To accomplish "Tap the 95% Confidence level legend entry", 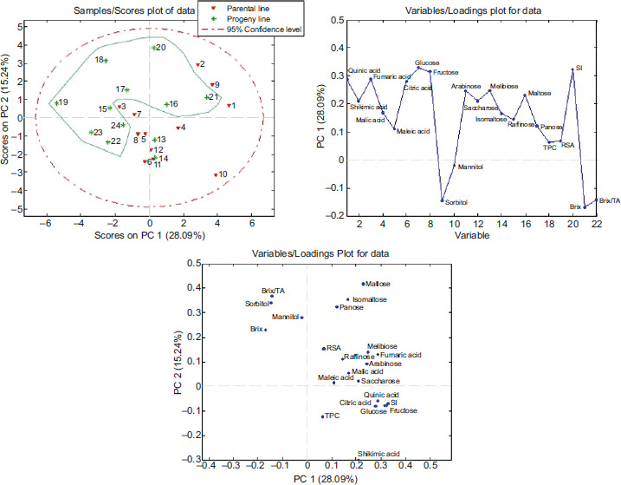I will (x=246, y=29).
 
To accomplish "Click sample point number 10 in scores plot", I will (x=216, y=174).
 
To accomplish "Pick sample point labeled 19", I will (x=57, y=103).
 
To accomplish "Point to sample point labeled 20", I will (x=153, y=48).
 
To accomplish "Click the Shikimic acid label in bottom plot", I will (x=379, y=453).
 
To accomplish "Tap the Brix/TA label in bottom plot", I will (x=273, y=291).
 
